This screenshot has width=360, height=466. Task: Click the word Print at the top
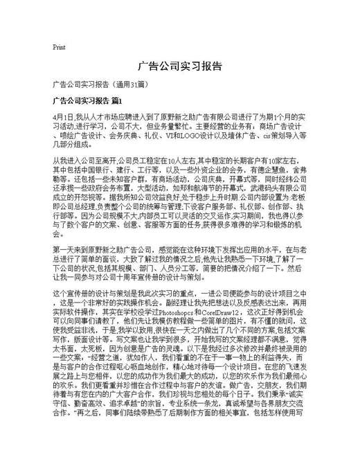click(59, 48)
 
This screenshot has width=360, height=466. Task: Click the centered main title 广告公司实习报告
click(180, 66)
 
